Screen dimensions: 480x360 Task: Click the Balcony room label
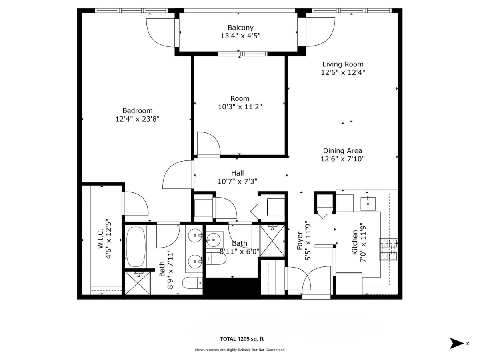point(240,28)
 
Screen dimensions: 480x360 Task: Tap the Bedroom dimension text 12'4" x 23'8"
point(137,119)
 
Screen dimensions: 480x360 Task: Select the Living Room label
point(343,64)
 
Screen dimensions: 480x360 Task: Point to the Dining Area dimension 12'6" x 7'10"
point(343,159)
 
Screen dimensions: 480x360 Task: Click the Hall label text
point(238,173)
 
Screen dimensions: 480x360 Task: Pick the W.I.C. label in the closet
point(100,239)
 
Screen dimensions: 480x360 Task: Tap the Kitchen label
point(355,242)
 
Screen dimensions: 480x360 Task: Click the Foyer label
point(300,241)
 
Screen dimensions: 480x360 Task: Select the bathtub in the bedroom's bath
point(136,246)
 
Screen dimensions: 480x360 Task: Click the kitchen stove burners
point(388,250)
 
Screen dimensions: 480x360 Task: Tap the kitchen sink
point(368,204)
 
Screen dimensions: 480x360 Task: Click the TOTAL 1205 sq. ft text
point(242,339)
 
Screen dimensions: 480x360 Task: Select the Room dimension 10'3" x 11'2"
point(240,107)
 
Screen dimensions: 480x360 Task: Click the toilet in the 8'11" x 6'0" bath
point(216,259)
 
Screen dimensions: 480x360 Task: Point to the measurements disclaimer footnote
point(240,350)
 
